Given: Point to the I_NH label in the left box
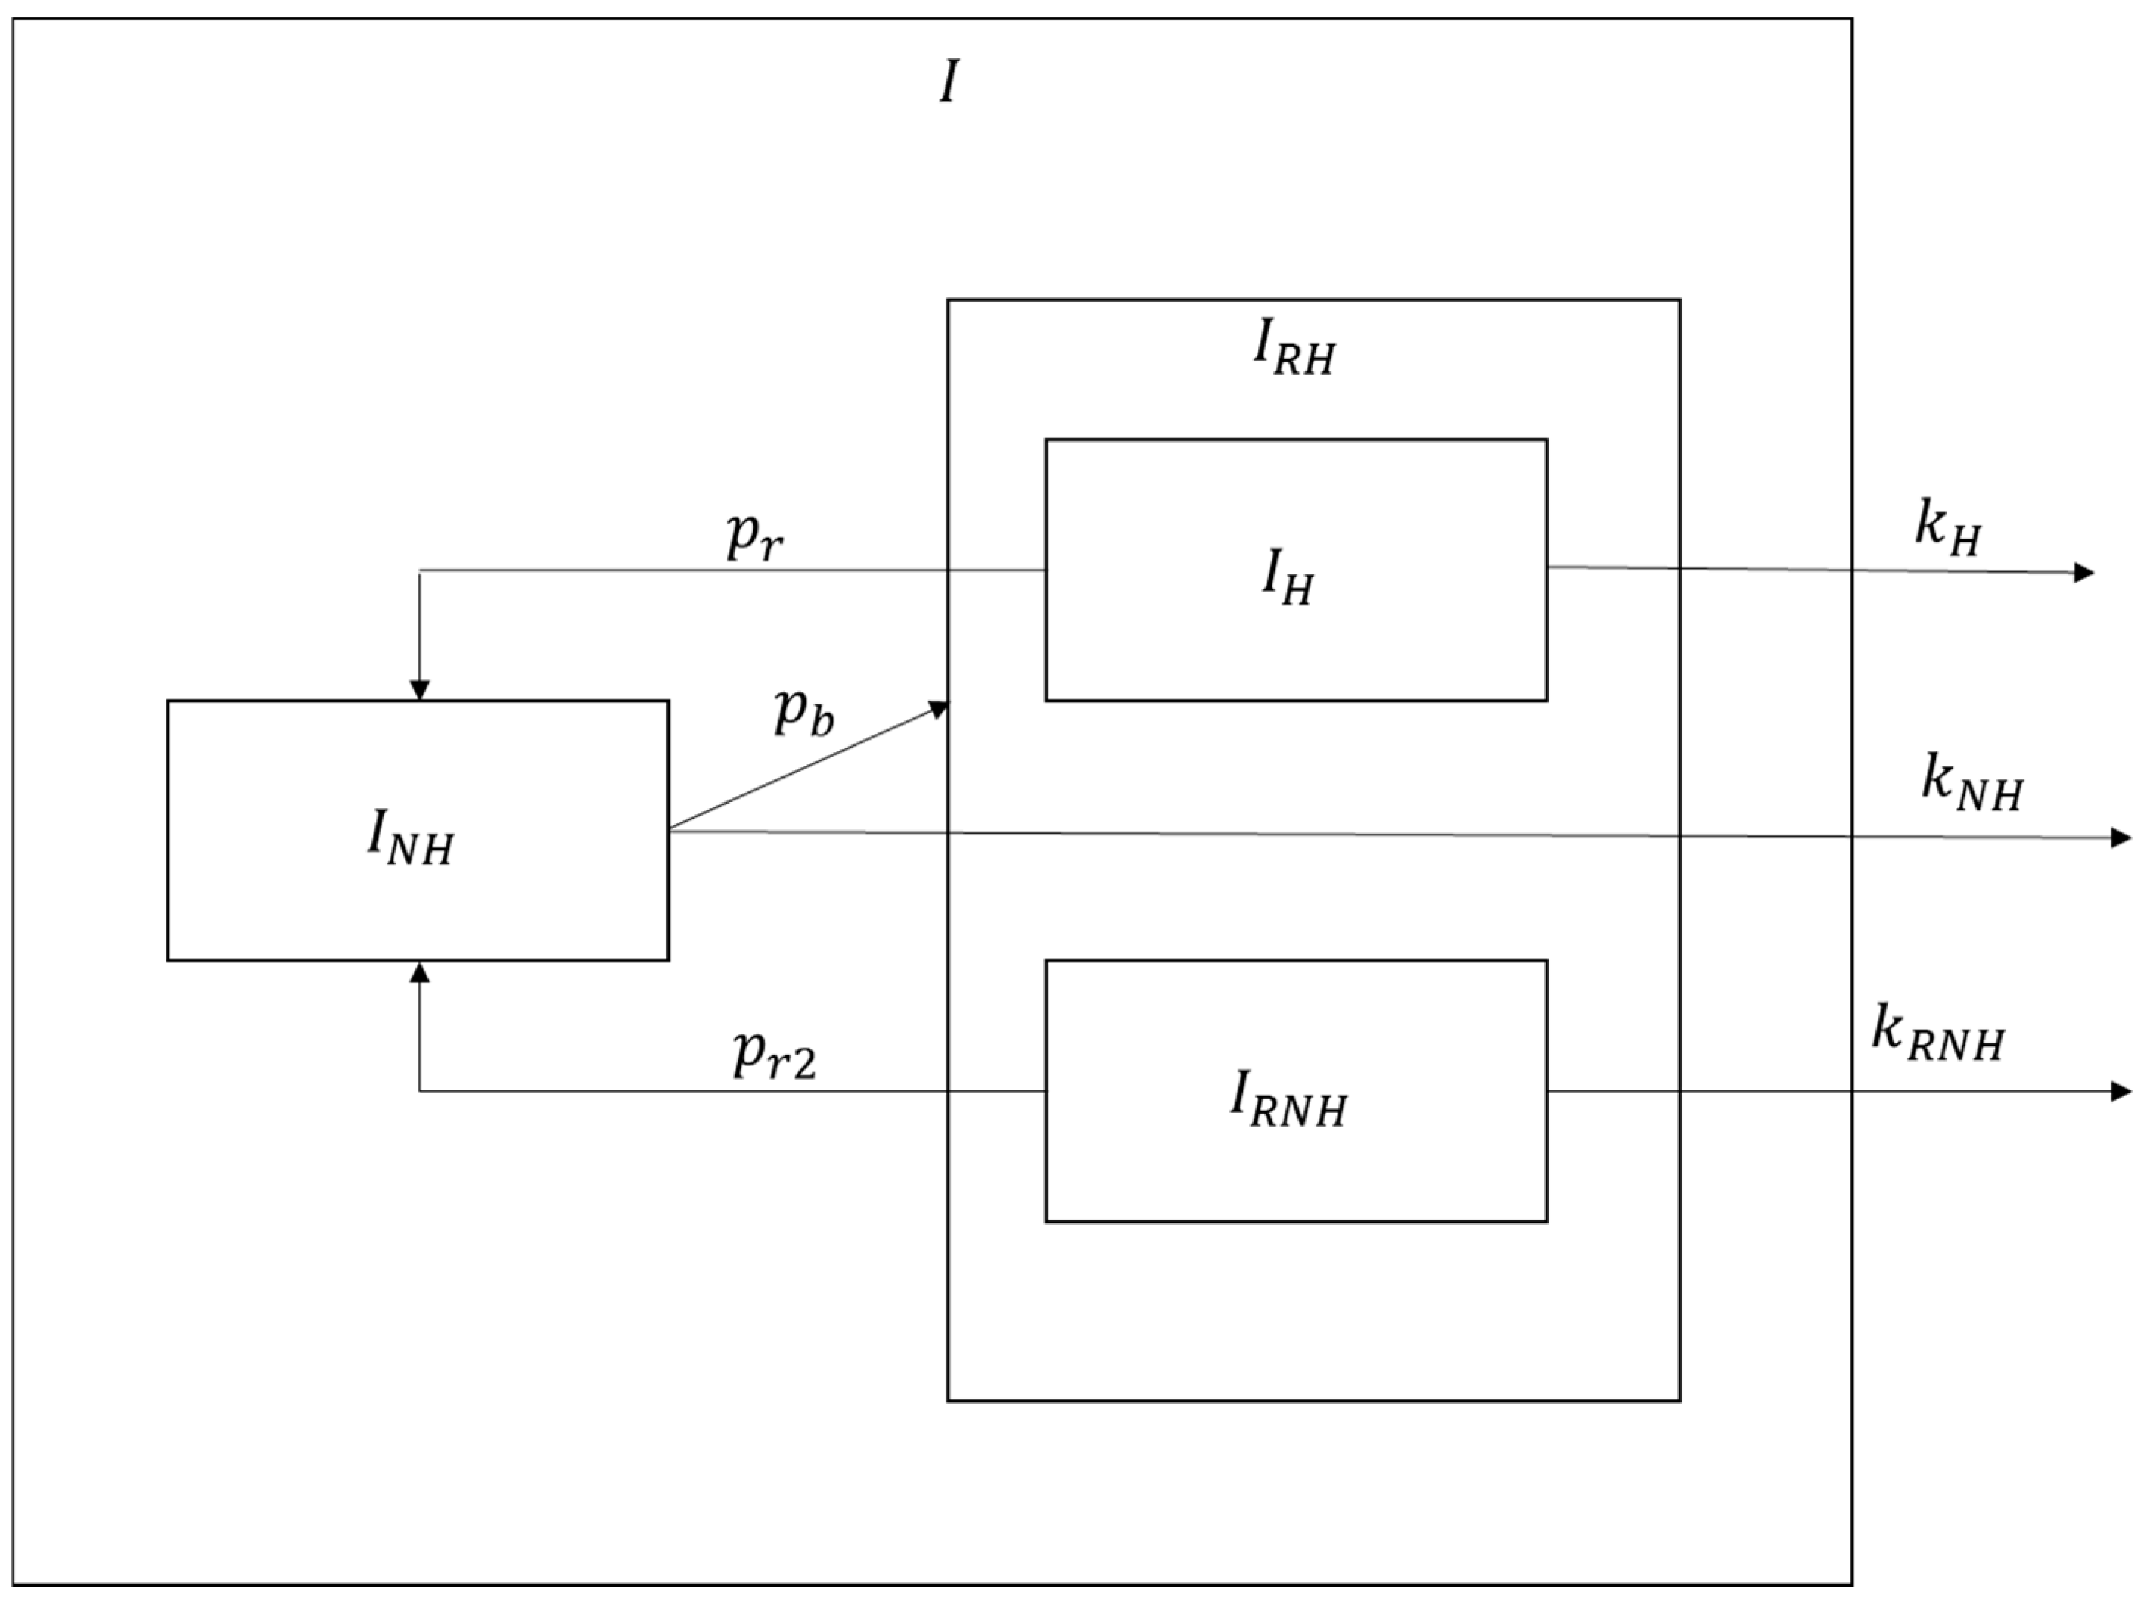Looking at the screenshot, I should pos(409,837).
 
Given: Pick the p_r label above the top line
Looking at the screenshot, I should pos(754,536).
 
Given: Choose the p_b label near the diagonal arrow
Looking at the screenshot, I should pos(803,712).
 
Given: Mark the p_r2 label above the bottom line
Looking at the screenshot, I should pos(774,1055).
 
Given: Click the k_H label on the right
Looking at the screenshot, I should pos(1948,529).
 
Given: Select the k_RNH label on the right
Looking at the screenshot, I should pos(1937,1036).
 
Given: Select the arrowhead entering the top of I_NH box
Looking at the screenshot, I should pos(419,689).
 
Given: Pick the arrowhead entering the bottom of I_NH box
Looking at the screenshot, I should pos(419,972).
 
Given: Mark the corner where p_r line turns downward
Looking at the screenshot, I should pos(419,571).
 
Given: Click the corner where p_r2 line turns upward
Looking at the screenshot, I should pos(419,1091).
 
